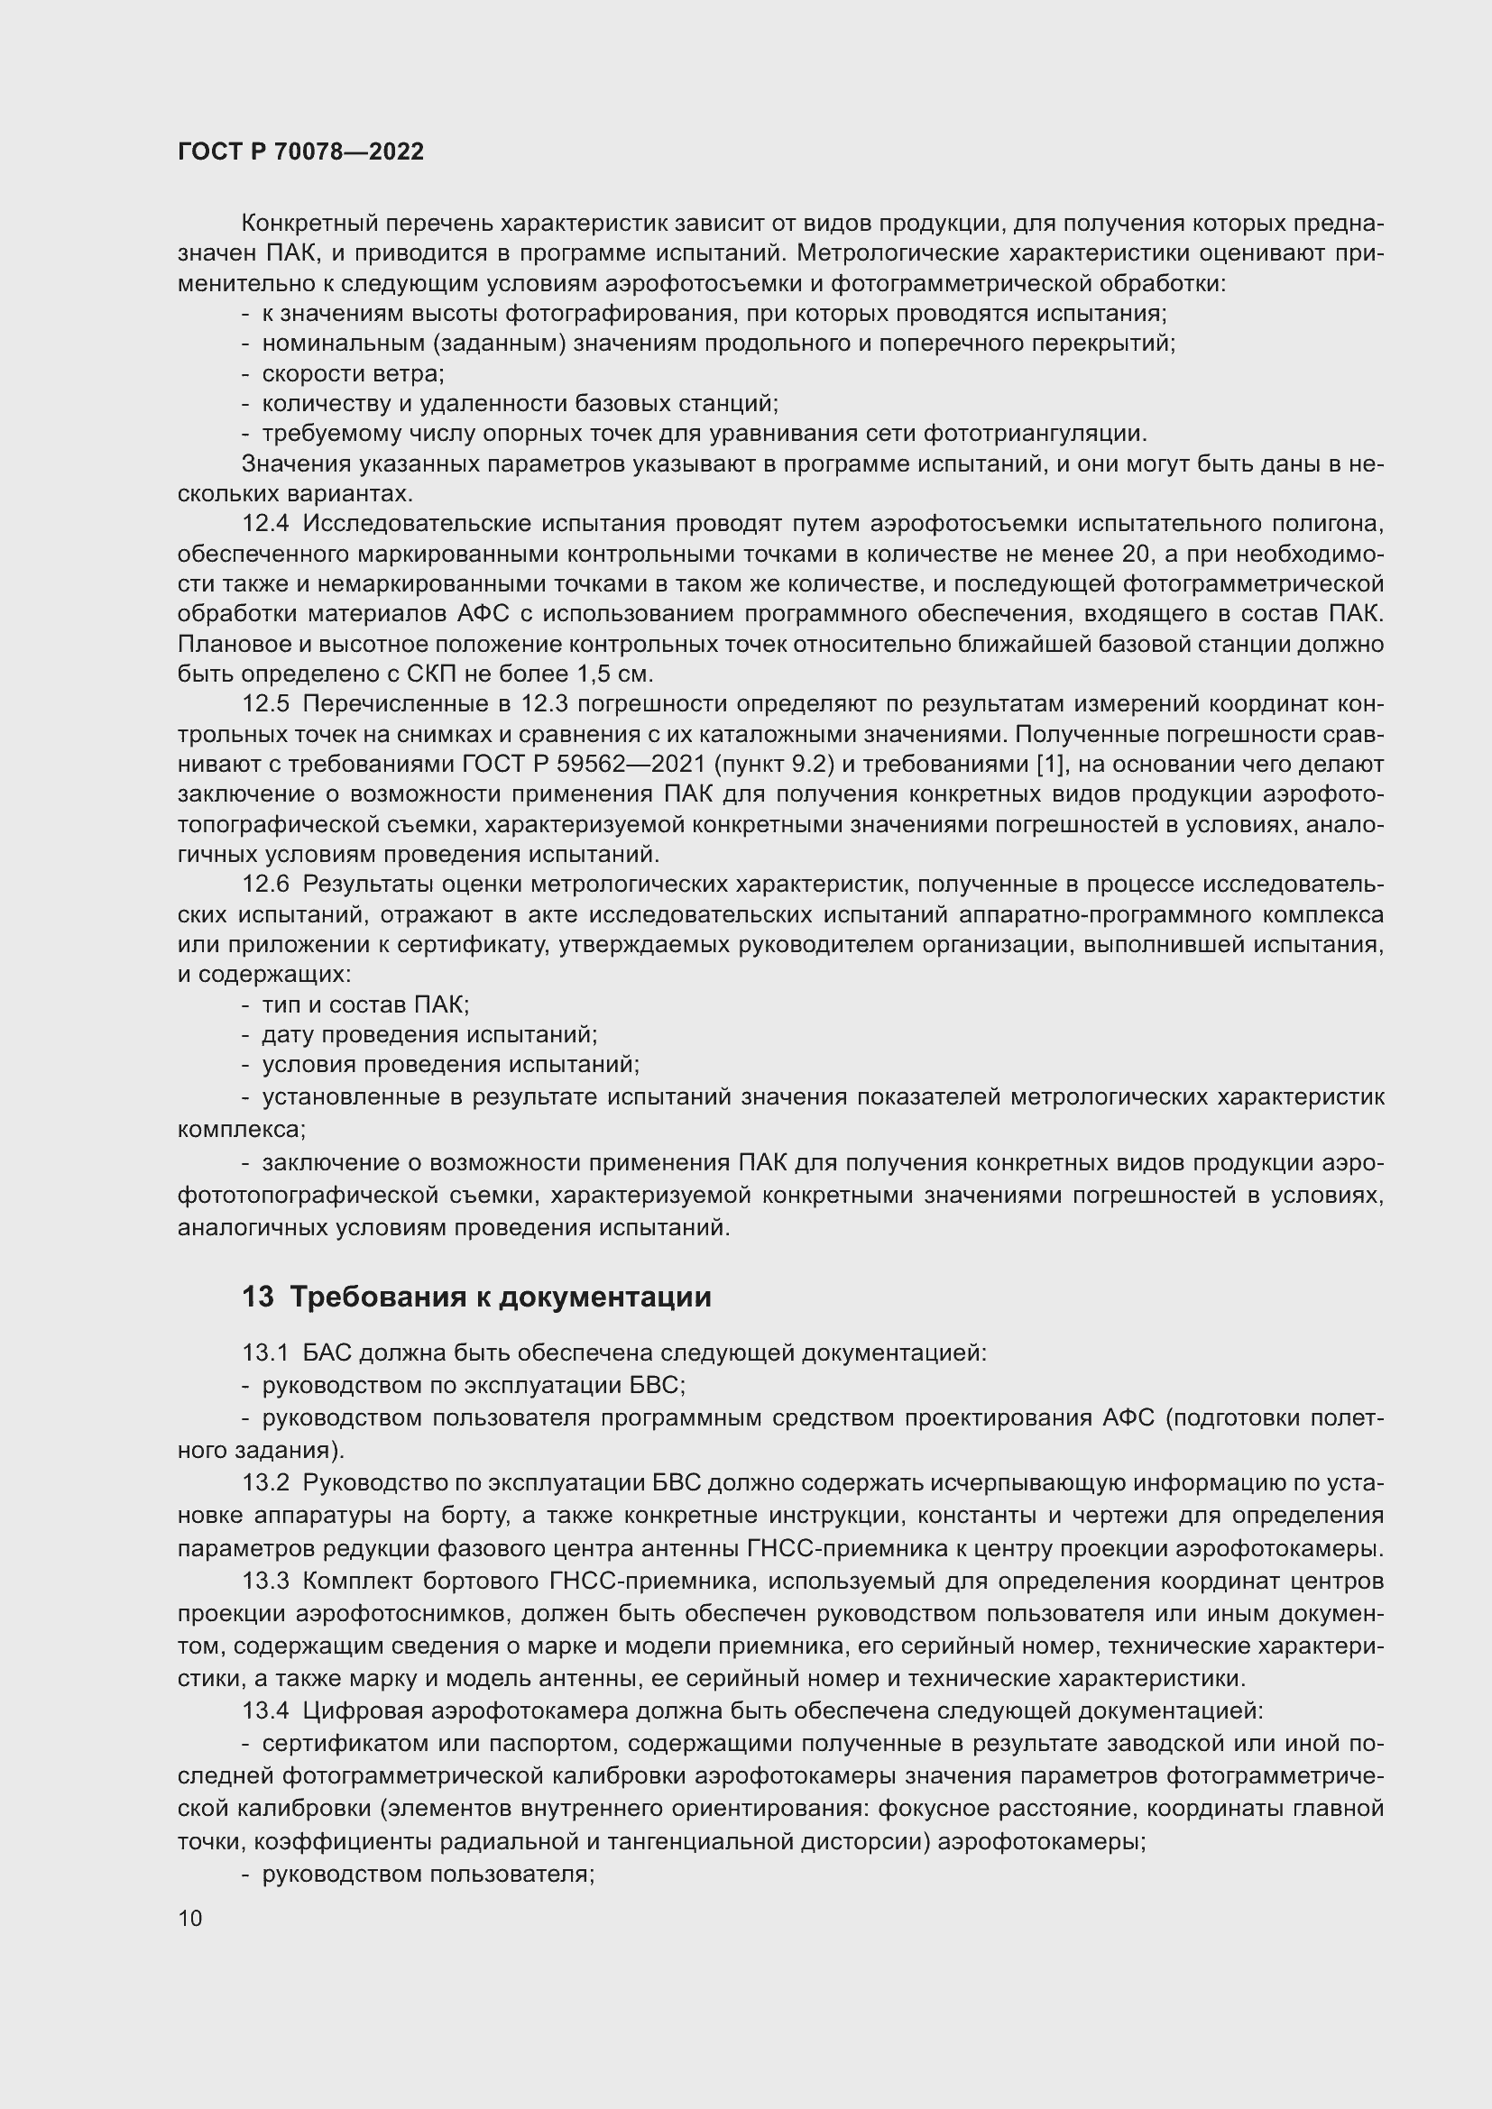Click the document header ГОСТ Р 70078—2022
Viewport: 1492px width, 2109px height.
[x=300, y=152]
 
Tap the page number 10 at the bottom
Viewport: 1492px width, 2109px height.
[x=190, y=1918]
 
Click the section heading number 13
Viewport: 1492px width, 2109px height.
[x=258, y=1297]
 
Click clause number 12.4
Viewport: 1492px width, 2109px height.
[x=264, y=524]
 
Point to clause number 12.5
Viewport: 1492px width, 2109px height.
[x=264, y=703]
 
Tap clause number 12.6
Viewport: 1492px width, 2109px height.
[x=264, y=884]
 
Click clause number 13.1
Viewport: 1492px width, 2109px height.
[x=264, y=1353]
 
